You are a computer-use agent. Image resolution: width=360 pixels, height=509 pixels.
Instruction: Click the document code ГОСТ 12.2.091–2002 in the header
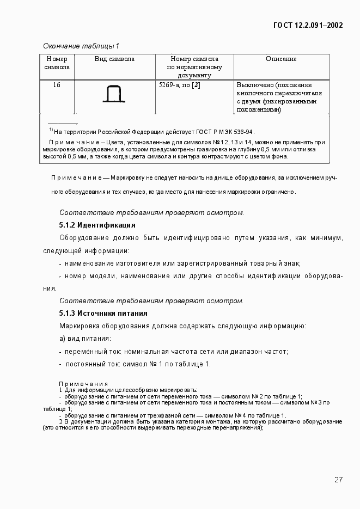[308, 25]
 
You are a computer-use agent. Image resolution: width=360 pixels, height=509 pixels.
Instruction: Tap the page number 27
[338, 480]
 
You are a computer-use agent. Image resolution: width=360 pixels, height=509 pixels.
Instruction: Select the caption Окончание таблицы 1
[81, 46]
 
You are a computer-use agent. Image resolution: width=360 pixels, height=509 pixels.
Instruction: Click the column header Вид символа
[114, 59]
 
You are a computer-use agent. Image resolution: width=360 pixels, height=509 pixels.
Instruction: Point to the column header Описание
[281, 59]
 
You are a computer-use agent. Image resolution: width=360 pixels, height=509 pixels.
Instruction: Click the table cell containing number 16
[57, 85]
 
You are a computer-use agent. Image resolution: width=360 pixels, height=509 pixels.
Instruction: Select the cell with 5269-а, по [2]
[179, 85]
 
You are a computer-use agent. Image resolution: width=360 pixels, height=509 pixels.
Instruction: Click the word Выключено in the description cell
[254, 85]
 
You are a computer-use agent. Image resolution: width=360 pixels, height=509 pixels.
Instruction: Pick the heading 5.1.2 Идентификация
[97, 225]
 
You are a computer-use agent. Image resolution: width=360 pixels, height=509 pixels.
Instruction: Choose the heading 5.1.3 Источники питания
[103, 314]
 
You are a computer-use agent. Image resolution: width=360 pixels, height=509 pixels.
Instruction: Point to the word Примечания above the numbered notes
[83, 383]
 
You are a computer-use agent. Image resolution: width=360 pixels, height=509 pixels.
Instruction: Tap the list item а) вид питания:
[84, 339]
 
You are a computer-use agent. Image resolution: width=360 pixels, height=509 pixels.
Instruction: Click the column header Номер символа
[57, 63]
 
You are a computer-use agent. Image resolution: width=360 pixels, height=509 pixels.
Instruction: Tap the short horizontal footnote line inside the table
[63, 124]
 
